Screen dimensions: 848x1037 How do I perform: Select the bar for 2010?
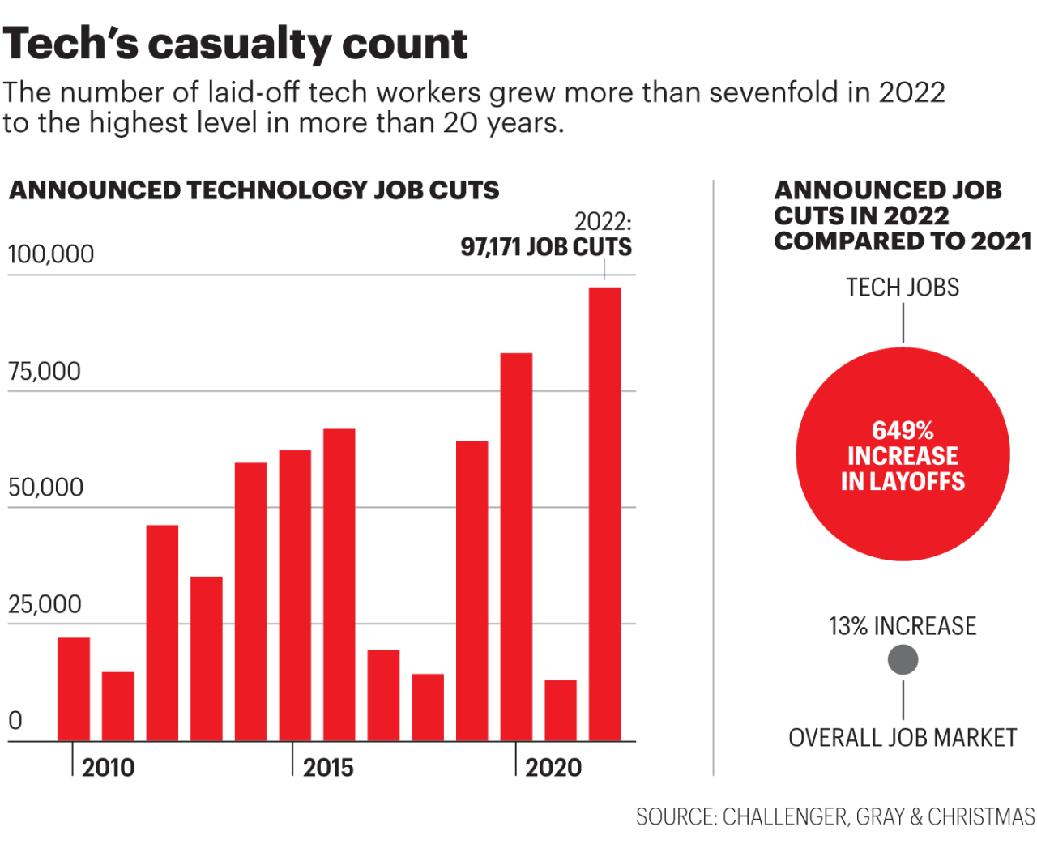tap(74, 688)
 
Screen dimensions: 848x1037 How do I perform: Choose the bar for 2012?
tap(162, 633)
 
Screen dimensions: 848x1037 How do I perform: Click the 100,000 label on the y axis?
tap(50, 254)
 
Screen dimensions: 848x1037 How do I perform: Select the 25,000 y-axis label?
tap(45, 604)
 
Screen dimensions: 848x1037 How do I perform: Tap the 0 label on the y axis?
tap(15, 720)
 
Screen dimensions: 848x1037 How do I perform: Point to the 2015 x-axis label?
tap(328, 767)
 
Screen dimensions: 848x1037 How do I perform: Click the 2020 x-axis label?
tap(553, 767)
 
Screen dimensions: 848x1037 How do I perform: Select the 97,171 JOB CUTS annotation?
tap(546, 247)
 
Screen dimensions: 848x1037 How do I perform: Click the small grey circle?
tap(903, 660)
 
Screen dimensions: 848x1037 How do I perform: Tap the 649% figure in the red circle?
tap(903, 430)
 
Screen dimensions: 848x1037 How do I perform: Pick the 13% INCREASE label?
tap(903, 626)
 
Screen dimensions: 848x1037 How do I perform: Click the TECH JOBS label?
tap(903, 288)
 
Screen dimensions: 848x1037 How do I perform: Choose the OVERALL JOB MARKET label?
tap(903, 738)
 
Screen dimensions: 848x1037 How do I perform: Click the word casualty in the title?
tap(240, 45)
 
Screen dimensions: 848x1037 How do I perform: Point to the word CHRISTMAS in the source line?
tap(981, 816)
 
